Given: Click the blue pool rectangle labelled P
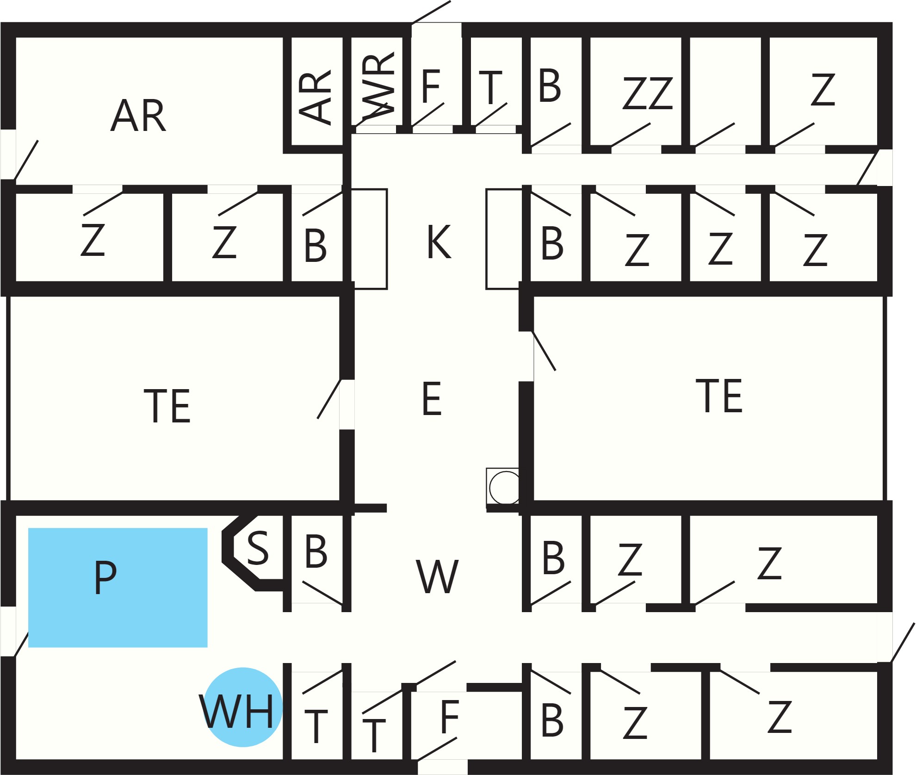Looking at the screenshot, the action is tap(118, 588).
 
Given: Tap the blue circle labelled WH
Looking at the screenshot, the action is tap(243, 707).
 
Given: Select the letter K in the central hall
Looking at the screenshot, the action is tap(439, 242).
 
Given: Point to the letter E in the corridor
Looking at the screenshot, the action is tap(432, 398).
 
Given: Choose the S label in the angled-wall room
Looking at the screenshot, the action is tap(258, 548).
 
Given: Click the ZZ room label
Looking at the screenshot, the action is tap(648, 93).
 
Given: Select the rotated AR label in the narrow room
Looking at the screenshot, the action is tap(315, 97).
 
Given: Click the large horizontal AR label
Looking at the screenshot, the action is tap(138, 116).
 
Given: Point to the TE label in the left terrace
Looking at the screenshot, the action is tap(167, 406).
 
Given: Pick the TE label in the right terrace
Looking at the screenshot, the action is tap(719, 396).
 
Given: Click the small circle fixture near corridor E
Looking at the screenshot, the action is tap(506, 487).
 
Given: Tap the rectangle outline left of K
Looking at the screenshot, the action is tap(370, 239).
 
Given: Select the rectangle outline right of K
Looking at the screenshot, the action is tap(504, 239).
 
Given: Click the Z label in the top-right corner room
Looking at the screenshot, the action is tap(823, 90).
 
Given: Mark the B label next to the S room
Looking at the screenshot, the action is tap(316, 551).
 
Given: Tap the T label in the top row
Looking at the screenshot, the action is tap(490, 87).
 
